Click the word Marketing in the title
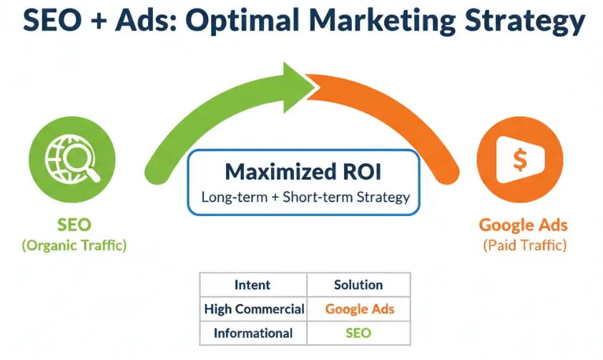coord(382,21)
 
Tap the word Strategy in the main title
coord(525,21)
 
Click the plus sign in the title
coord(99,20)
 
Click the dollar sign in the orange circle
coord(520,160)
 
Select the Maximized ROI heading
coord(303,172)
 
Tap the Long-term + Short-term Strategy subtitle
coord(305,198)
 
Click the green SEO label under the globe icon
coord(74,225)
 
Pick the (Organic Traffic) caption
coord(74,245)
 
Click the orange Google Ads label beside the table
coord(524,225)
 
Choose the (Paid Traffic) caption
coord(525,245)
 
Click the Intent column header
coord(253,285)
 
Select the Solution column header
coord(358,285)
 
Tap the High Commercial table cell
coord(254,309)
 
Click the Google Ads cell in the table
coord(360,309)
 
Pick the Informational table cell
coord(253,333)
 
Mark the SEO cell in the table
coord(358,333)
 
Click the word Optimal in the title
coord(242,21)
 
